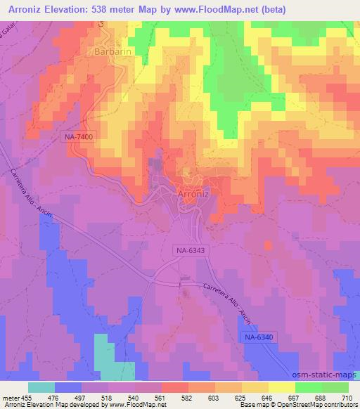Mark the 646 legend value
coord(268,398)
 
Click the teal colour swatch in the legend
coord(41,387)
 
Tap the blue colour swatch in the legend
coord(68,387)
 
